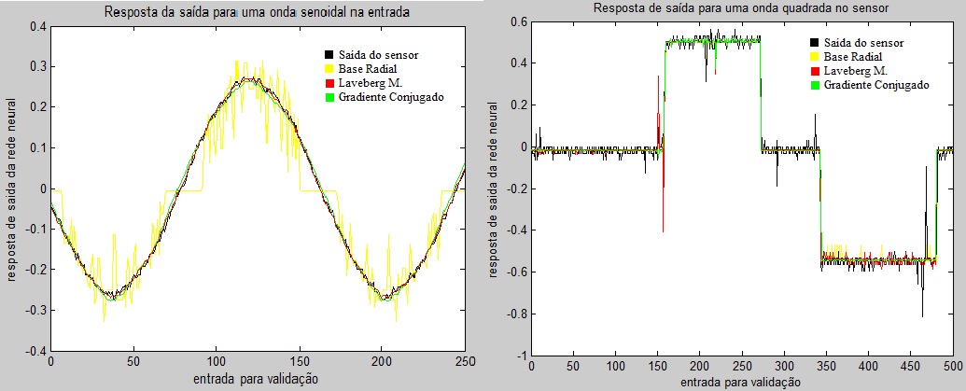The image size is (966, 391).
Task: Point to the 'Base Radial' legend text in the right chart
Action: [x=856, y=56]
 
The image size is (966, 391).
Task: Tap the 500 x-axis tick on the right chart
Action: [x=952, y=366]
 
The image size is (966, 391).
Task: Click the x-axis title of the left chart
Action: [x=257, y=379]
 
